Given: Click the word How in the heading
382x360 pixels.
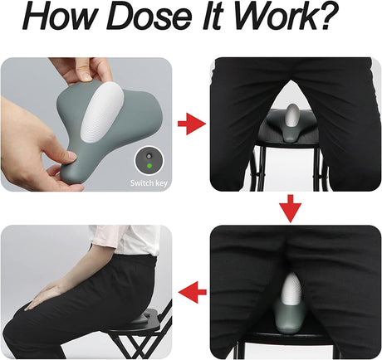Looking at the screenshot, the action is click(x=59, y=16).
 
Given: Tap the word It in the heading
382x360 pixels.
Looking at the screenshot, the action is click(x=213, y=16).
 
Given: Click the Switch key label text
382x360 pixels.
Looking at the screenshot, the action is click(x=149, y=183).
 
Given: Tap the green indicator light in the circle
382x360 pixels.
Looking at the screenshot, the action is click(x=149, y=166).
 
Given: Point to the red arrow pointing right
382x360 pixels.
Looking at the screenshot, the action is click(x=192, y=124).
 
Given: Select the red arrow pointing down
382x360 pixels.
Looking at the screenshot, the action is click(x=290, y=209).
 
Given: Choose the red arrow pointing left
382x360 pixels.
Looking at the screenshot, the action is click(x=193, y=292).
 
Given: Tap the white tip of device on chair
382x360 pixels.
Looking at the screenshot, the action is click(x=292, y=115).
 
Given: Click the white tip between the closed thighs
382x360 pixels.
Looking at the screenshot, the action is click(x=289, y=289).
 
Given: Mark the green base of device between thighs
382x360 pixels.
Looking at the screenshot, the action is click(x=288, y=319).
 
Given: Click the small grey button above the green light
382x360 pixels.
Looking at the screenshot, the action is click(x=149, y=157).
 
